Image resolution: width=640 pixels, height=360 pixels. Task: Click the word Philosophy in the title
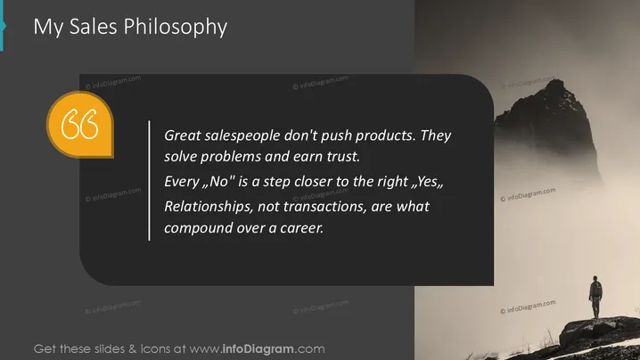pos(175,27)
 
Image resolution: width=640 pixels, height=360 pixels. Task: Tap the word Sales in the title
pos(93,27)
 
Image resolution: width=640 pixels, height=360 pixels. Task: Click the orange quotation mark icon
pos(80,124)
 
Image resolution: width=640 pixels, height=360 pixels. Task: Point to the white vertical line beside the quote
pos(150,180)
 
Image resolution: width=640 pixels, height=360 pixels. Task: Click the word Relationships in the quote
pos(209,207)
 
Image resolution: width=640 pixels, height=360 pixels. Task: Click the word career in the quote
pos(301,228)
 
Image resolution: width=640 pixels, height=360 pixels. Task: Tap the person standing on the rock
pos(595,297)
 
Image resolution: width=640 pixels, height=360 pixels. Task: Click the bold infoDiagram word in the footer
pos(258,349)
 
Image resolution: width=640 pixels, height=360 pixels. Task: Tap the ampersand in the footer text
pos(132,349)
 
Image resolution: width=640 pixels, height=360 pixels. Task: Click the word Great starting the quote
pos(182,135)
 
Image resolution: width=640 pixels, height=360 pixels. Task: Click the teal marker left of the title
pos(3,25)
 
